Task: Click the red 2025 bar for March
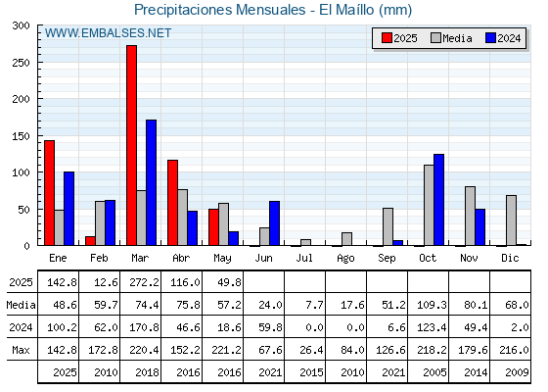click(x=132, y=145)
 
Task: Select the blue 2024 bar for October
click(x=438, y=200)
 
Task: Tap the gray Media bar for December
click(x=511, y=220)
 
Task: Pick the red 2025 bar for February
click(x=90, y=241)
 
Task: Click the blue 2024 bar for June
click(x=274, y=223)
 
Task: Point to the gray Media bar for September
click(x=388, y=226)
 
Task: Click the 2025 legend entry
click(x=399, y=38)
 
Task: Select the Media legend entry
click(x=451, y=38)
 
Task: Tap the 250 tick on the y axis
click(x=21, y=63)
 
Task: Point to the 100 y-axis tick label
click(x=21, y=172)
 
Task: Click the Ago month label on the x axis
click(x=345, y=259)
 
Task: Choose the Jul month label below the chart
click(x=304, y=258)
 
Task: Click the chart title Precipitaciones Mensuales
click(x=220, y=10)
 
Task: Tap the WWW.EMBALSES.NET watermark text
click(x=108, y=33)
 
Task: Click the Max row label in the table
click(x=21, y=350)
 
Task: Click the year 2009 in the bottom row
click(x=517, y=372)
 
